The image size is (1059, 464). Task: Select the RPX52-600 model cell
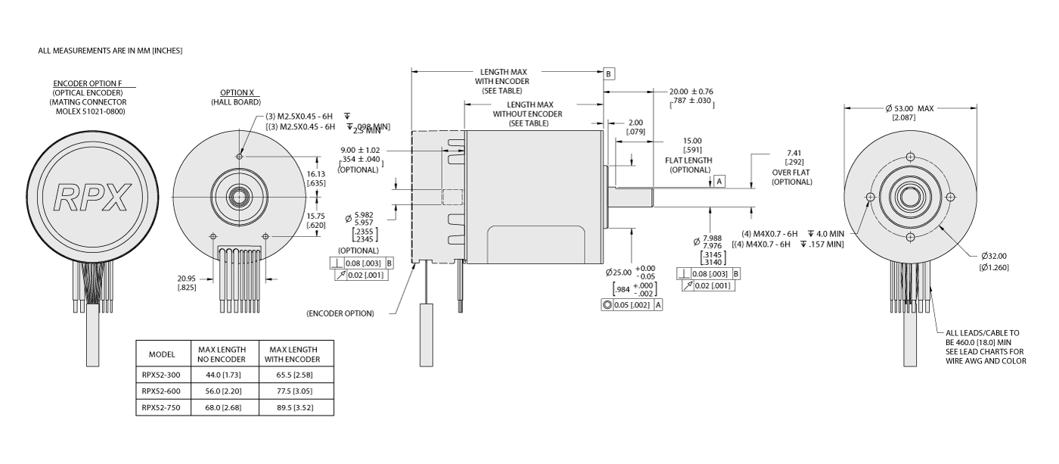tap(162, 391)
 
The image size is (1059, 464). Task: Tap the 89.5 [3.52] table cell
tap(290, 408)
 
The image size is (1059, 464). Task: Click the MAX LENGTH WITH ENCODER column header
tap(290, 353)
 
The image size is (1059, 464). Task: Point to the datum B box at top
tap(609, 74)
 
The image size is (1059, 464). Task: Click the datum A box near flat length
tap(719, 181)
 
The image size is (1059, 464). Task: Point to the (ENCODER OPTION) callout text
tap(340, 313)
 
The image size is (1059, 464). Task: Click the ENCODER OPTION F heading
tap(88, 83)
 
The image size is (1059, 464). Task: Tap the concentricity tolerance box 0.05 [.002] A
tap(632, 305)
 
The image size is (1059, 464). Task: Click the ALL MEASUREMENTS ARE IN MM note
tap(110, 51)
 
